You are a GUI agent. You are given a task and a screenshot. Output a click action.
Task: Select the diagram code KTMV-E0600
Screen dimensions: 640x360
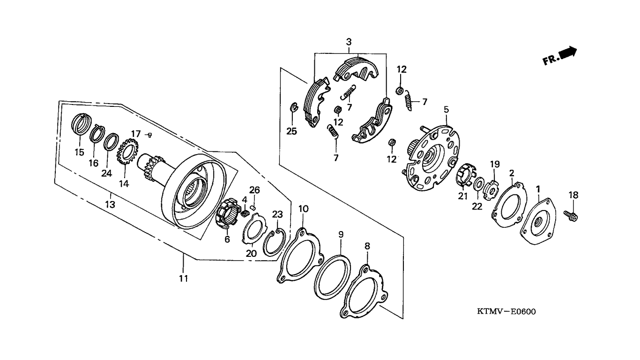tap(506, 312)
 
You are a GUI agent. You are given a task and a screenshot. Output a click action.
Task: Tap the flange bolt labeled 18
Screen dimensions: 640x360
tap(571, 216)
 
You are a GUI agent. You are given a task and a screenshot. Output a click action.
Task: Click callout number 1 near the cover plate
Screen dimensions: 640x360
tap(538, 189)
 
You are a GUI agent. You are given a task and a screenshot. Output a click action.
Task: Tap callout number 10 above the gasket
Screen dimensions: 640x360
tap(304, 210)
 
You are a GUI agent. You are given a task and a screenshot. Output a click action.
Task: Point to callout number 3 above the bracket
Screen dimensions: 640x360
tap(349, 42)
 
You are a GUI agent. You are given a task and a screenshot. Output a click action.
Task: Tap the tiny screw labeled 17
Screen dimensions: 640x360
tap(149, 135)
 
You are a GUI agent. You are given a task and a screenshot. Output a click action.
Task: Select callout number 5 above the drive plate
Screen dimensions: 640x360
tap(446, 110)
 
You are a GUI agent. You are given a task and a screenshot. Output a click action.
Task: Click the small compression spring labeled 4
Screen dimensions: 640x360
tap(246, 213)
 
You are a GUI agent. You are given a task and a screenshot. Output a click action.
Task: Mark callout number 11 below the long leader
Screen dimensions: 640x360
tap(184, 278)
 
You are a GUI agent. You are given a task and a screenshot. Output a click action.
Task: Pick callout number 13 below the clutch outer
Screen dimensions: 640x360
tap(110, 204)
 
